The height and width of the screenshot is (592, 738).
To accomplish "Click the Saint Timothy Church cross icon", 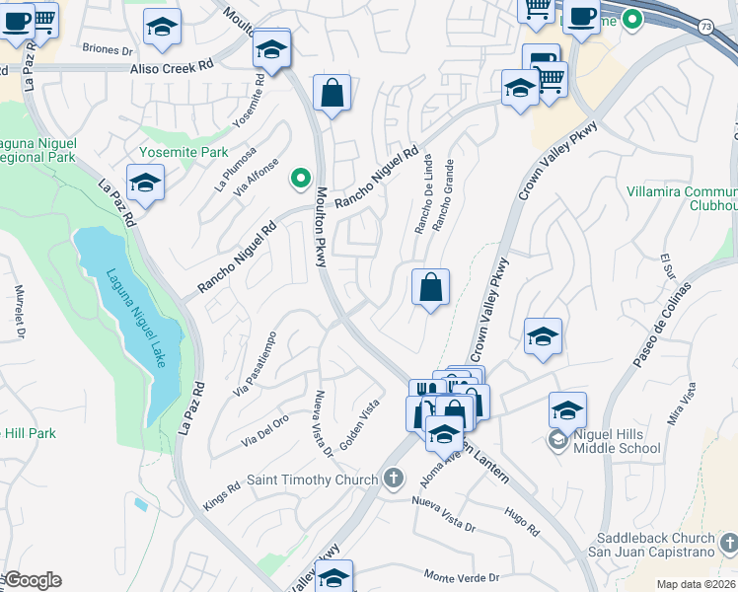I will click(394, 480).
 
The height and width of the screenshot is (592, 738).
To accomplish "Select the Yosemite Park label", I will click(184, 153).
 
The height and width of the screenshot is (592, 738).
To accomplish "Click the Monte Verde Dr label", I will click(462, 576).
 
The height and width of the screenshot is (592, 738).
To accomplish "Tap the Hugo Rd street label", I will click(521, 522).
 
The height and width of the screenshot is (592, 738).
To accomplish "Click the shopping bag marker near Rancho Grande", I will click(430, 288).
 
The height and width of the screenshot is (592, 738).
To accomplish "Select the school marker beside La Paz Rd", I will click(145, 183).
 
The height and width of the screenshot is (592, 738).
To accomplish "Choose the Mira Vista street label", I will click(680, 406).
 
